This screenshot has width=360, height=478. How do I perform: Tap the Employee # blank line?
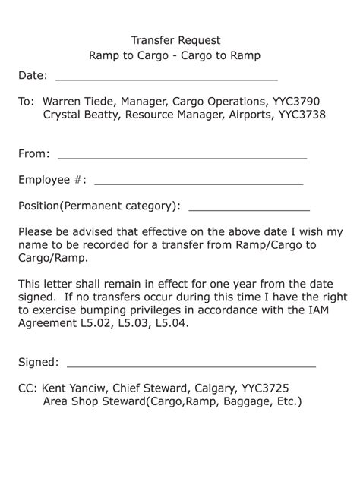pyautogui.click(x=198, y=184)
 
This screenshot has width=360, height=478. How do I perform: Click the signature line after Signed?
pyautogui.click(x=191, y=366)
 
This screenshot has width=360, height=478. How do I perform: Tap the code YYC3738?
pyautogui.click(x=302, y=115)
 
